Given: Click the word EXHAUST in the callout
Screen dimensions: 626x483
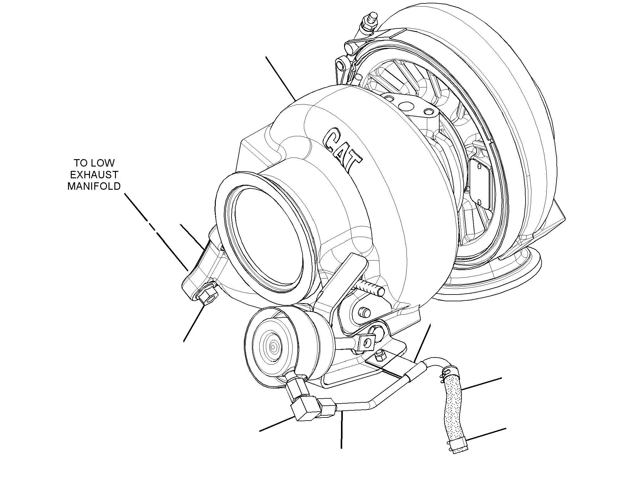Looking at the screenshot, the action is point(94,175).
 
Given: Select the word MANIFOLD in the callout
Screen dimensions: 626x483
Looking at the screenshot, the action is point(94,186).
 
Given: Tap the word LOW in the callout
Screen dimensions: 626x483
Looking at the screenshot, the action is point(103,163).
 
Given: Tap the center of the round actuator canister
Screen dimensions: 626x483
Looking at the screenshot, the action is point(273,347).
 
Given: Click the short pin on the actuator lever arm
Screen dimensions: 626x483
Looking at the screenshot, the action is point(365,312).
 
